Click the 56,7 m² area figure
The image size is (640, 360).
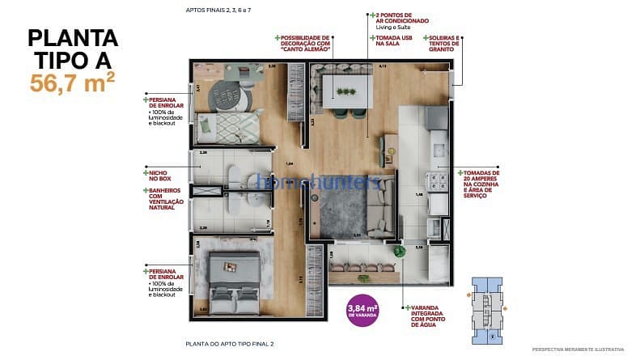pyautogui.click(x=72, y=82)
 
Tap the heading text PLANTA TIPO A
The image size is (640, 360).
pyautogui.click(x=73, y=49)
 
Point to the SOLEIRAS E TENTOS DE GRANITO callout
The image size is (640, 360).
pyautogui.click(x=442, y=45)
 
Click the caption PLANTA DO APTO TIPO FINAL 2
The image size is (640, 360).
pyautogui.click(x=229, y=344)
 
